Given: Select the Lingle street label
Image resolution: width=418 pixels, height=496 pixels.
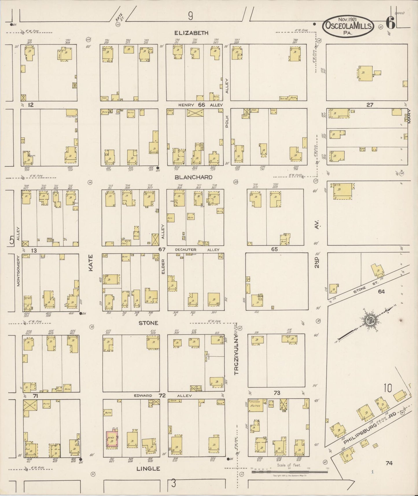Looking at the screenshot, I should click(148, 469).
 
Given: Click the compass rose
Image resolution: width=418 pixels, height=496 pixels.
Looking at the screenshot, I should click(370, 320).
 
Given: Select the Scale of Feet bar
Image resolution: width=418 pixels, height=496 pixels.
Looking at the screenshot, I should click(289, 472).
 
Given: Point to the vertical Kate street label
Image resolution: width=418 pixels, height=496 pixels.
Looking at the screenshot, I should click(91, 263).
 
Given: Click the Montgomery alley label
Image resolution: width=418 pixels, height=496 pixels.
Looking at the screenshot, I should click(18, 271).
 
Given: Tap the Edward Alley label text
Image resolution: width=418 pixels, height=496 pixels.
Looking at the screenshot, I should click(143, 396).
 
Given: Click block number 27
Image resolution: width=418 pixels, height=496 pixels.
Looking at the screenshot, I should click(370, 105).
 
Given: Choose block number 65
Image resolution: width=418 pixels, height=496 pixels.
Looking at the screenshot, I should click(274, 249).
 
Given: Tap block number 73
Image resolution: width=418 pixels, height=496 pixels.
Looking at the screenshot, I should click(277, 393).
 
